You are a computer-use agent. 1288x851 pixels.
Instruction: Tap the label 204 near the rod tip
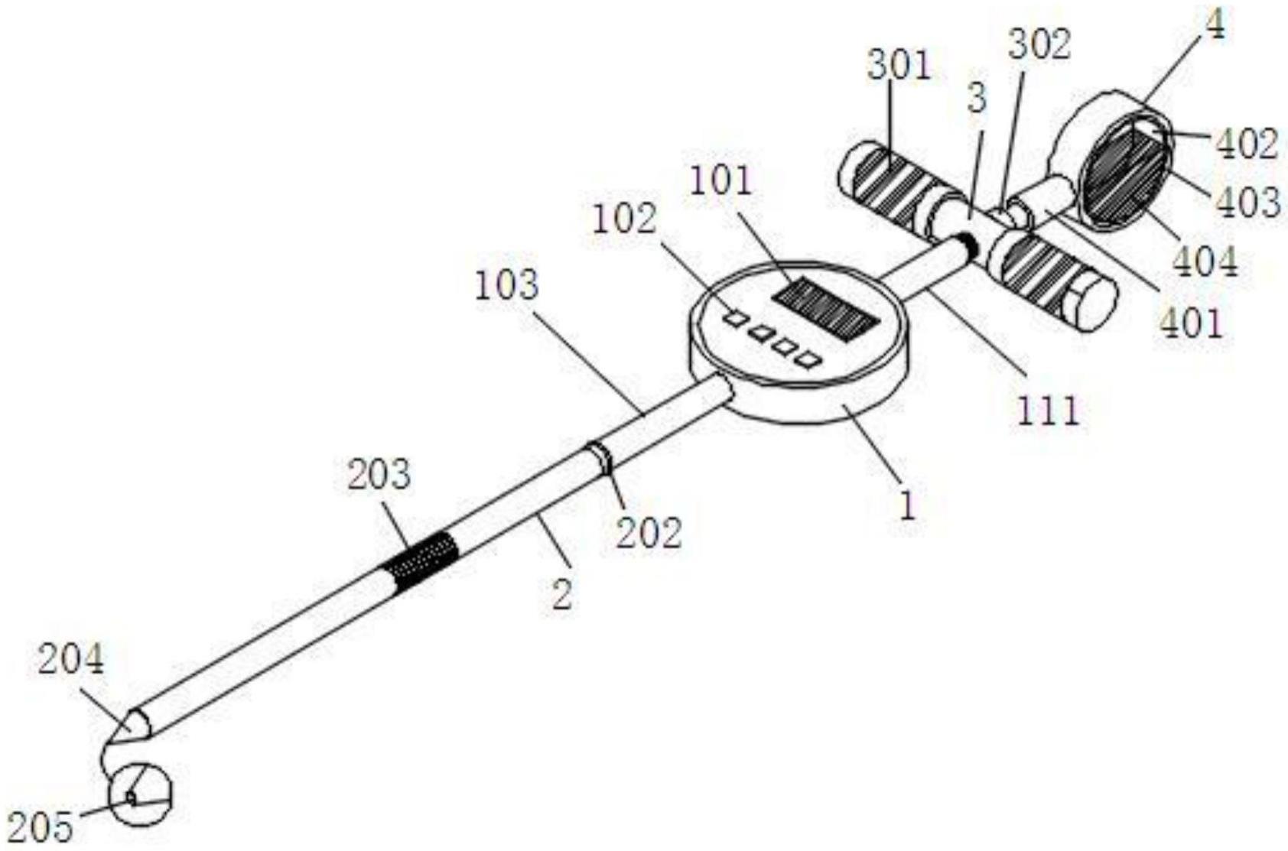[70, 660]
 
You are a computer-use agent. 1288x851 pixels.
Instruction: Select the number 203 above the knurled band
[379, 475]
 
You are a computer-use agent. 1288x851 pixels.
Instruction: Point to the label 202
[649, 532]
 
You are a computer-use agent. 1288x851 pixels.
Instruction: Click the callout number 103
[506, 285]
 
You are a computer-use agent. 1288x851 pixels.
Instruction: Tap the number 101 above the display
[721, 181]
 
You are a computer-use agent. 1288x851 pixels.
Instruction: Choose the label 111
[1048, 411]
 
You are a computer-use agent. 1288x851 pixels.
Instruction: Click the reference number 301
[899, 66]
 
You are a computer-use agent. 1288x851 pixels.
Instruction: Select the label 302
[1040, 45]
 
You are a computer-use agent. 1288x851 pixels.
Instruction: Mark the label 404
[1205, 262]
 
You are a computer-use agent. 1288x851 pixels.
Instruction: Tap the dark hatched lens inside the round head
[1123, 173]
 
